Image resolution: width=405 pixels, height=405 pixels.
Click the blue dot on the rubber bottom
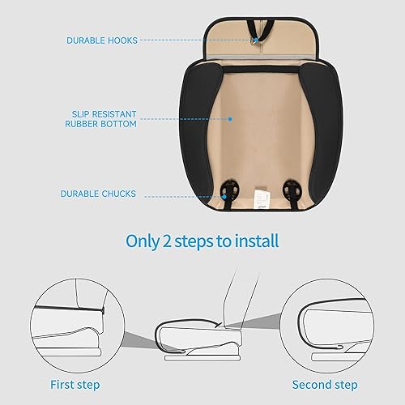[x=230, y=118]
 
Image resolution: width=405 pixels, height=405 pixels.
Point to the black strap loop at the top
[x=257, y=24]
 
